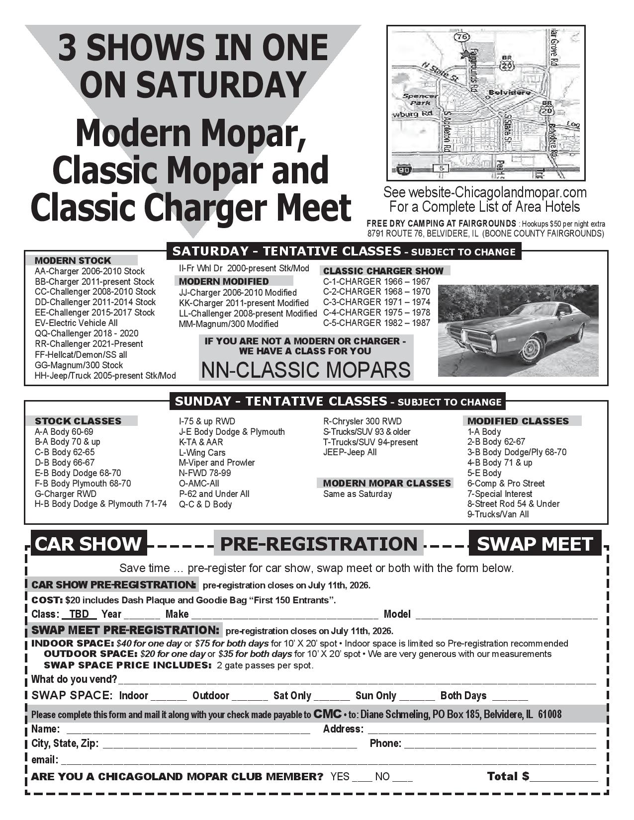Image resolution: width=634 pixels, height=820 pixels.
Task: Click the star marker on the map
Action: [465, 54]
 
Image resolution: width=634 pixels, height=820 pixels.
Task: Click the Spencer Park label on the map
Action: [421, 99]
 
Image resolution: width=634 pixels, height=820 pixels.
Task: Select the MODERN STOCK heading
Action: [73, 260]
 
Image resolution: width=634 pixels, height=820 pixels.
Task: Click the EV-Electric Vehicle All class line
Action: [76, 323]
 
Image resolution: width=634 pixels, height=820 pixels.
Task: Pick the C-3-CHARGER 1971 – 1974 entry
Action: [376, 302]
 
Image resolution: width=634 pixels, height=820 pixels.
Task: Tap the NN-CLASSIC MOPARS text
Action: [306, 370]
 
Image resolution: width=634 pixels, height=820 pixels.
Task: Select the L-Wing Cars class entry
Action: [202, 452]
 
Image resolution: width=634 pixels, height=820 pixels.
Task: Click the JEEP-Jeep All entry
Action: [350, 452]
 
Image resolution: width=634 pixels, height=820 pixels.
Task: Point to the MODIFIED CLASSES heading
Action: [518, 421]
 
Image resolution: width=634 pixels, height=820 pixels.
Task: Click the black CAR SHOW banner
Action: [89, 543]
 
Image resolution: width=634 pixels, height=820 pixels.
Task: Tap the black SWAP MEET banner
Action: [535, 544]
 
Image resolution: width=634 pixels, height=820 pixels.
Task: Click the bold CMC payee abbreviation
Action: [327, 714]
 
